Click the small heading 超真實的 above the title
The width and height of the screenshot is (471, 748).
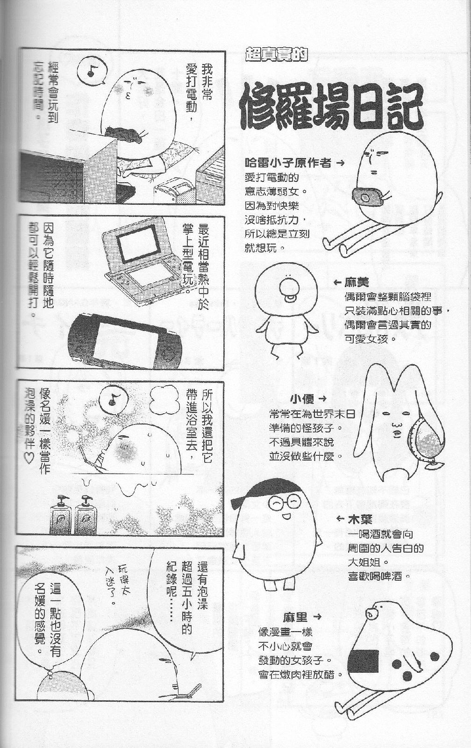[276, 54]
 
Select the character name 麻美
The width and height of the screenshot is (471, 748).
[357, 282]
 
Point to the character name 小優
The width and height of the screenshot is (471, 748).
[302, 399]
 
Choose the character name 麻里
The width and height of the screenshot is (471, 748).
[296, 617]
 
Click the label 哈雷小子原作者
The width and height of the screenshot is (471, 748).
[288, 163]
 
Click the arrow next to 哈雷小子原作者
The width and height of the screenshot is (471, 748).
[339, 163]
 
